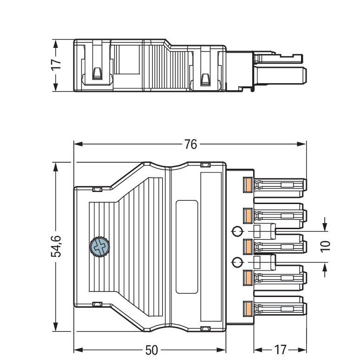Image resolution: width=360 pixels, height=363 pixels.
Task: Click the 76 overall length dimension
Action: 190,144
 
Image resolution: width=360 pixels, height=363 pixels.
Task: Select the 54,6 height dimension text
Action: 55,246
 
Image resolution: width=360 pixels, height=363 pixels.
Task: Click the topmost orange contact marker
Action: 248,185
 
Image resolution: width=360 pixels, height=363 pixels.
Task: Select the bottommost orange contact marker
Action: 248,308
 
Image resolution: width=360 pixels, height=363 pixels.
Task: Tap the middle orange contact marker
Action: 248,246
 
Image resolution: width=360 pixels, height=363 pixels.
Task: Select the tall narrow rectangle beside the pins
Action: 210,246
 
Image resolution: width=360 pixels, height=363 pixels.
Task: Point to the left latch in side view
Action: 97,73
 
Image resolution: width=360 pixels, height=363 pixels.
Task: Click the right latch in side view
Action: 204,78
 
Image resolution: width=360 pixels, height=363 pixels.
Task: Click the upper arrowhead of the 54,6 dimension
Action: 55,166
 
